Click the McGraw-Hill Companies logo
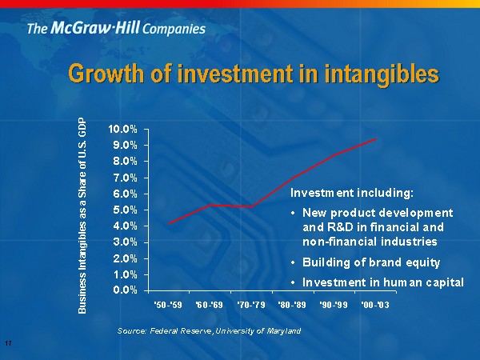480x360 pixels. pos(116,29)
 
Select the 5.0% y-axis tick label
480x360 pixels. pos(124,210)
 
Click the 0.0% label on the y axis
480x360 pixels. pos(124,290)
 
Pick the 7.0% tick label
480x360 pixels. pos(124,178)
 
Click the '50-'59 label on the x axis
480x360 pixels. pos(168,305)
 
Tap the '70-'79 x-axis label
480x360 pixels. pos(251,305)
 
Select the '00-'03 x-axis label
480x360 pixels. pos(375,305)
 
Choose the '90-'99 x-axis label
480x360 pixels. pos(334,305)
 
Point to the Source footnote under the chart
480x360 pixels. pos(209,330)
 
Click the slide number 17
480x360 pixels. pos(7,344)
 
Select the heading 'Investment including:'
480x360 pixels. pos(352,194)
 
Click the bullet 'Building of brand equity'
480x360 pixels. pos(371,262)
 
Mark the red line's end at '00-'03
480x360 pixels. pos(375,139)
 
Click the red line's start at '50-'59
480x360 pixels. pos(168,222)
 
